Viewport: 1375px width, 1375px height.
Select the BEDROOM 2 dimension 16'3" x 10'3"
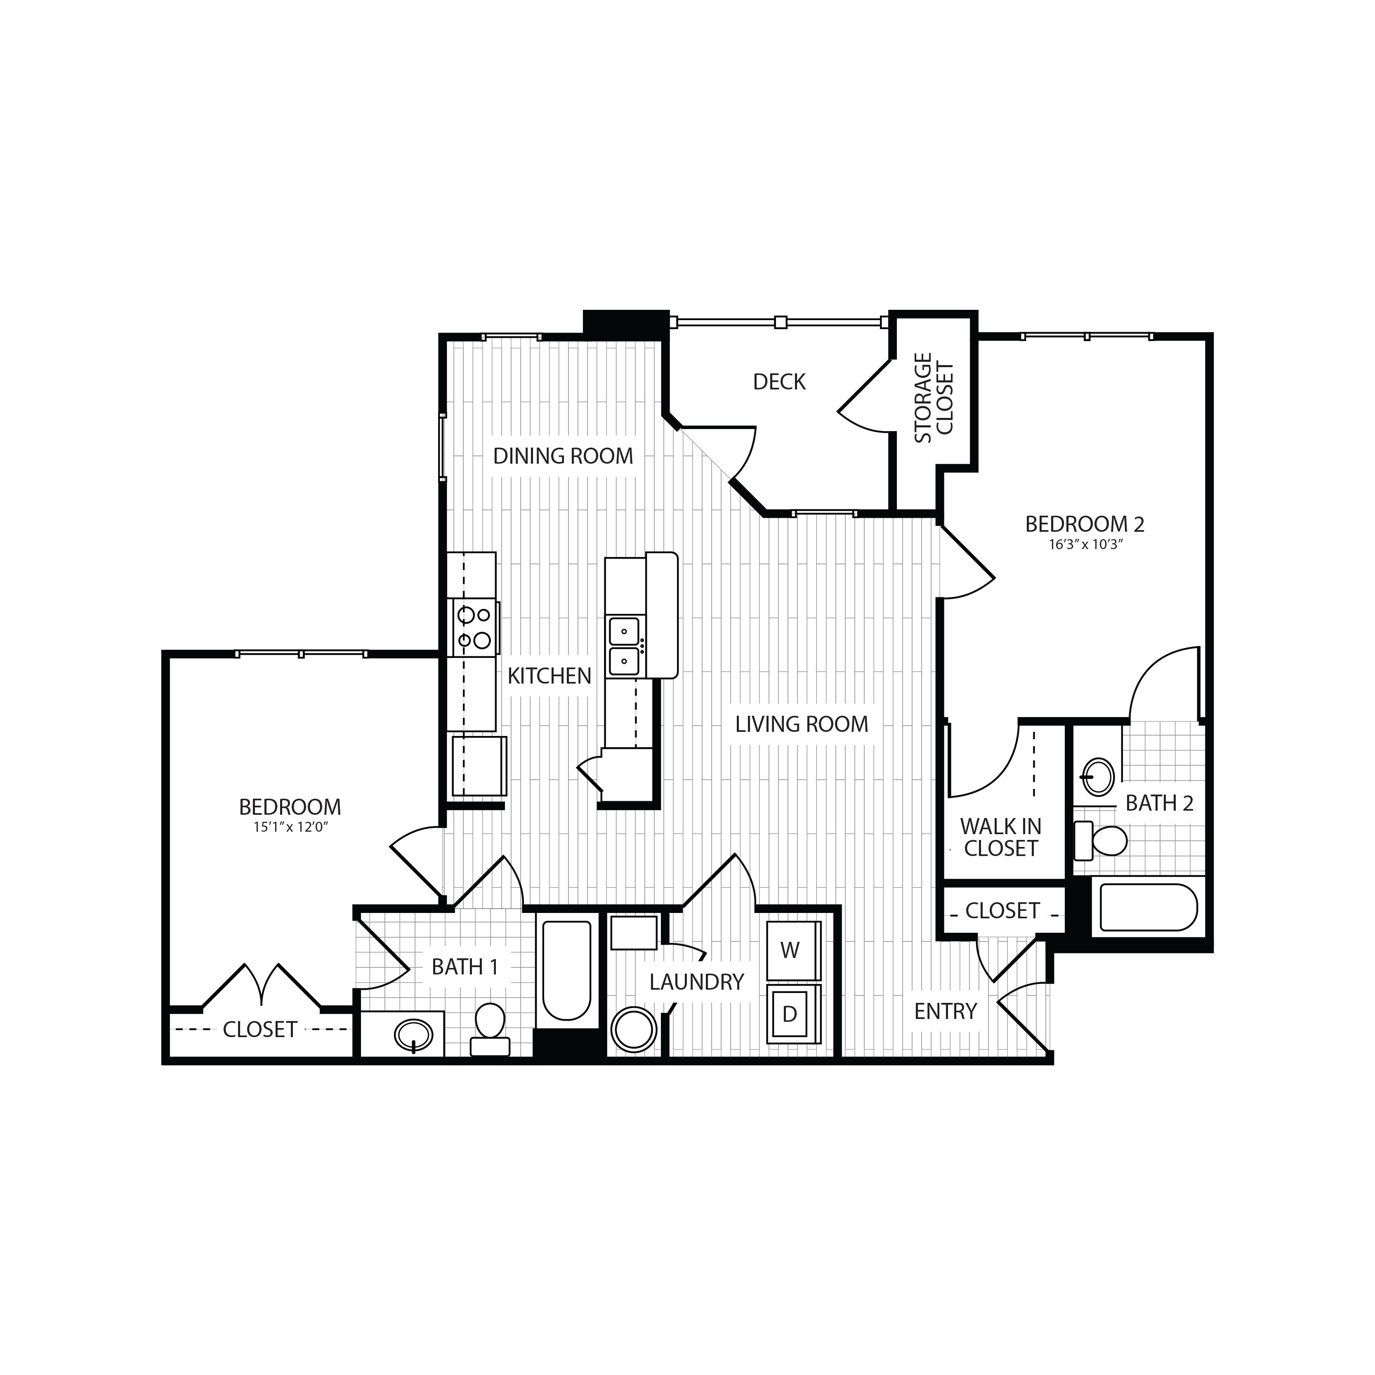point(1085,545)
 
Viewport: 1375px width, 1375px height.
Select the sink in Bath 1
point(413,1033)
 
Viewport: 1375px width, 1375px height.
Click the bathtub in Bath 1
point(566,970)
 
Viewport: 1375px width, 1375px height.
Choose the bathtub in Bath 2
point(1148,908)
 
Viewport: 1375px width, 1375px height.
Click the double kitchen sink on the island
point(624,646)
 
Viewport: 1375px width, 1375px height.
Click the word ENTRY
point(945,1011)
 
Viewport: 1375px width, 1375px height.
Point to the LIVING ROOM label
point(802,724)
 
